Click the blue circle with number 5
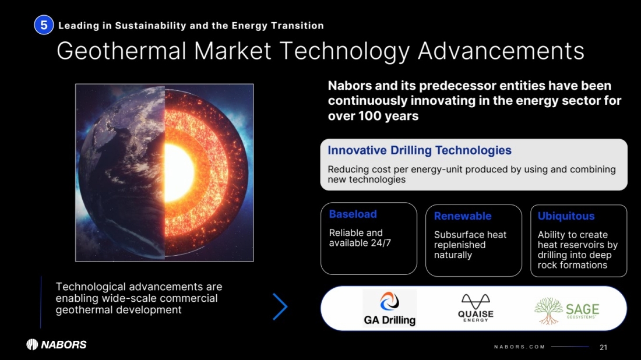[44, 25]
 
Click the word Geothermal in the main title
[121, 51]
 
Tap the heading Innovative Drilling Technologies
[420, 150]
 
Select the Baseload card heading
[353, 214]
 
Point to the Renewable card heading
[463, 216]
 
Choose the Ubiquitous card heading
[566, 216]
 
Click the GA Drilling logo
[390, 309]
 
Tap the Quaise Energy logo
[476, 308]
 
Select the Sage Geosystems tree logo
[566, 310]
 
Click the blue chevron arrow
[280, 306]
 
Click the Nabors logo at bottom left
[57, 344]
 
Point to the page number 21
[603, 347]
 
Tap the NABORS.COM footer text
[520, 347]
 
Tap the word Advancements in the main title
[501, 51]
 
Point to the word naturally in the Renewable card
[453, 255]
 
